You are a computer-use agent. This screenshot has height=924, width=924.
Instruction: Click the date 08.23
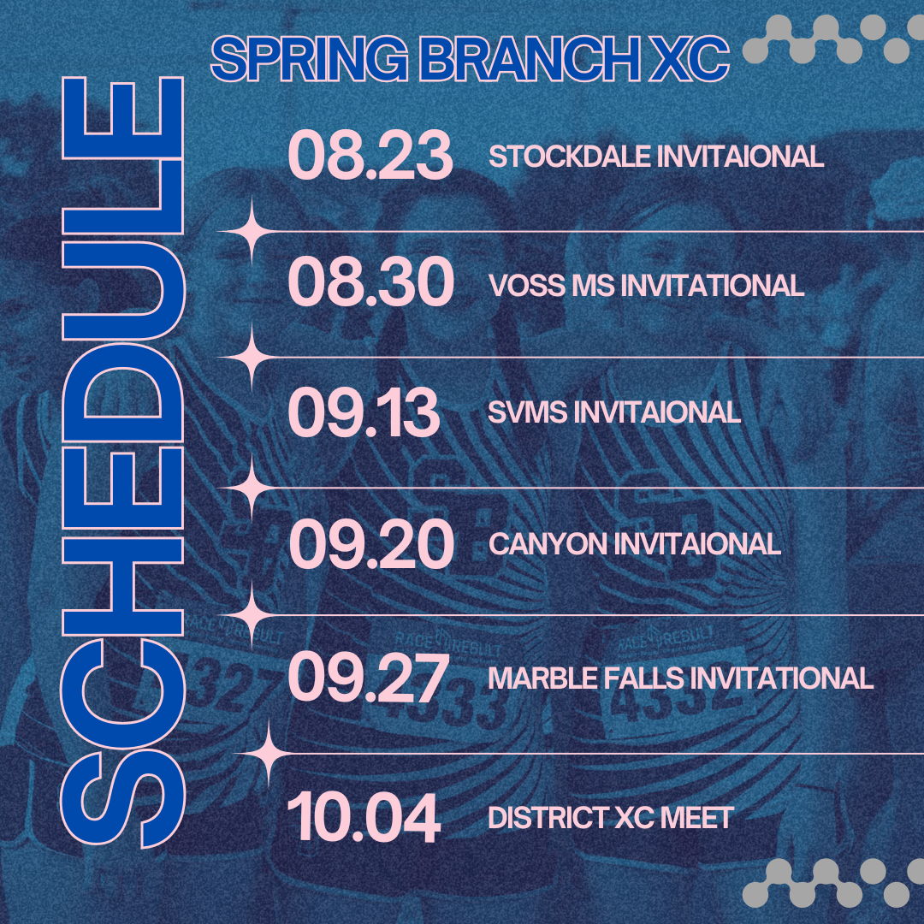click(370, 156)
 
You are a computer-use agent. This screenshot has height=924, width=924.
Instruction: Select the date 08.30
click(370, 283)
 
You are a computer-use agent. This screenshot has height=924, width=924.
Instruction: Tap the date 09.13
click(364, 412)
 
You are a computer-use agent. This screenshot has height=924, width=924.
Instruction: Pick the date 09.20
click(371, 544)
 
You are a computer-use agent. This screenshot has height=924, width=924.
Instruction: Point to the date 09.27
click(368, 678)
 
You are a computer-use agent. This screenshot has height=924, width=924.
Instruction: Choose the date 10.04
click(364, 818)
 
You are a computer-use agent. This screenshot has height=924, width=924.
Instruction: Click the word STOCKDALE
click(569, 157)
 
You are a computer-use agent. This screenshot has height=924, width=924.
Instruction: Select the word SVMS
click(527, 412)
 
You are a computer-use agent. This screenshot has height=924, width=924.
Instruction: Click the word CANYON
click(548, 544)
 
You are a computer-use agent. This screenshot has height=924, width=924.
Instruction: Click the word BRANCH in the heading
click(530, 59)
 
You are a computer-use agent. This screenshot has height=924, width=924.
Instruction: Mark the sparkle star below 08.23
click(252, 232)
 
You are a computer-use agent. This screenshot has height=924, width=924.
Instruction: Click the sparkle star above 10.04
click(268, 754)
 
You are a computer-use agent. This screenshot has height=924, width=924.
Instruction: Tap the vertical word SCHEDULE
click(122, 463)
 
